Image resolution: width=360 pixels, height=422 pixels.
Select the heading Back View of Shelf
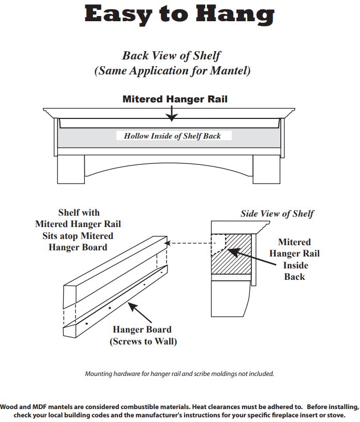click(x=172, y=55)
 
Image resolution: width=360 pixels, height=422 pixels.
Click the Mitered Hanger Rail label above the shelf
click(x=175, y=99)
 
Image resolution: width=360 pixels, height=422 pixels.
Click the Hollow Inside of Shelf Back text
click(x=172, y=136)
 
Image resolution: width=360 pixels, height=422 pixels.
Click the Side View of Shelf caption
click(x=277, y=214)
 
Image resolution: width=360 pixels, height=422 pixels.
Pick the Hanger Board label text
click(x=142, y=329)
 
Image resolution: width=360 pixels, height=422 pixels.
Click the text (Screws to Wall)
click(x=143, y=341)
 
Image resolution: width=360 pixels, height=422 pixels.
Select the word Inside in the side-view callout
click(x=295, y=265)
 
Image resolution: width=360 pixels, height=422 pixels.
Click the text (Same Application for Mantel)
click(x=172, y=71)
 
